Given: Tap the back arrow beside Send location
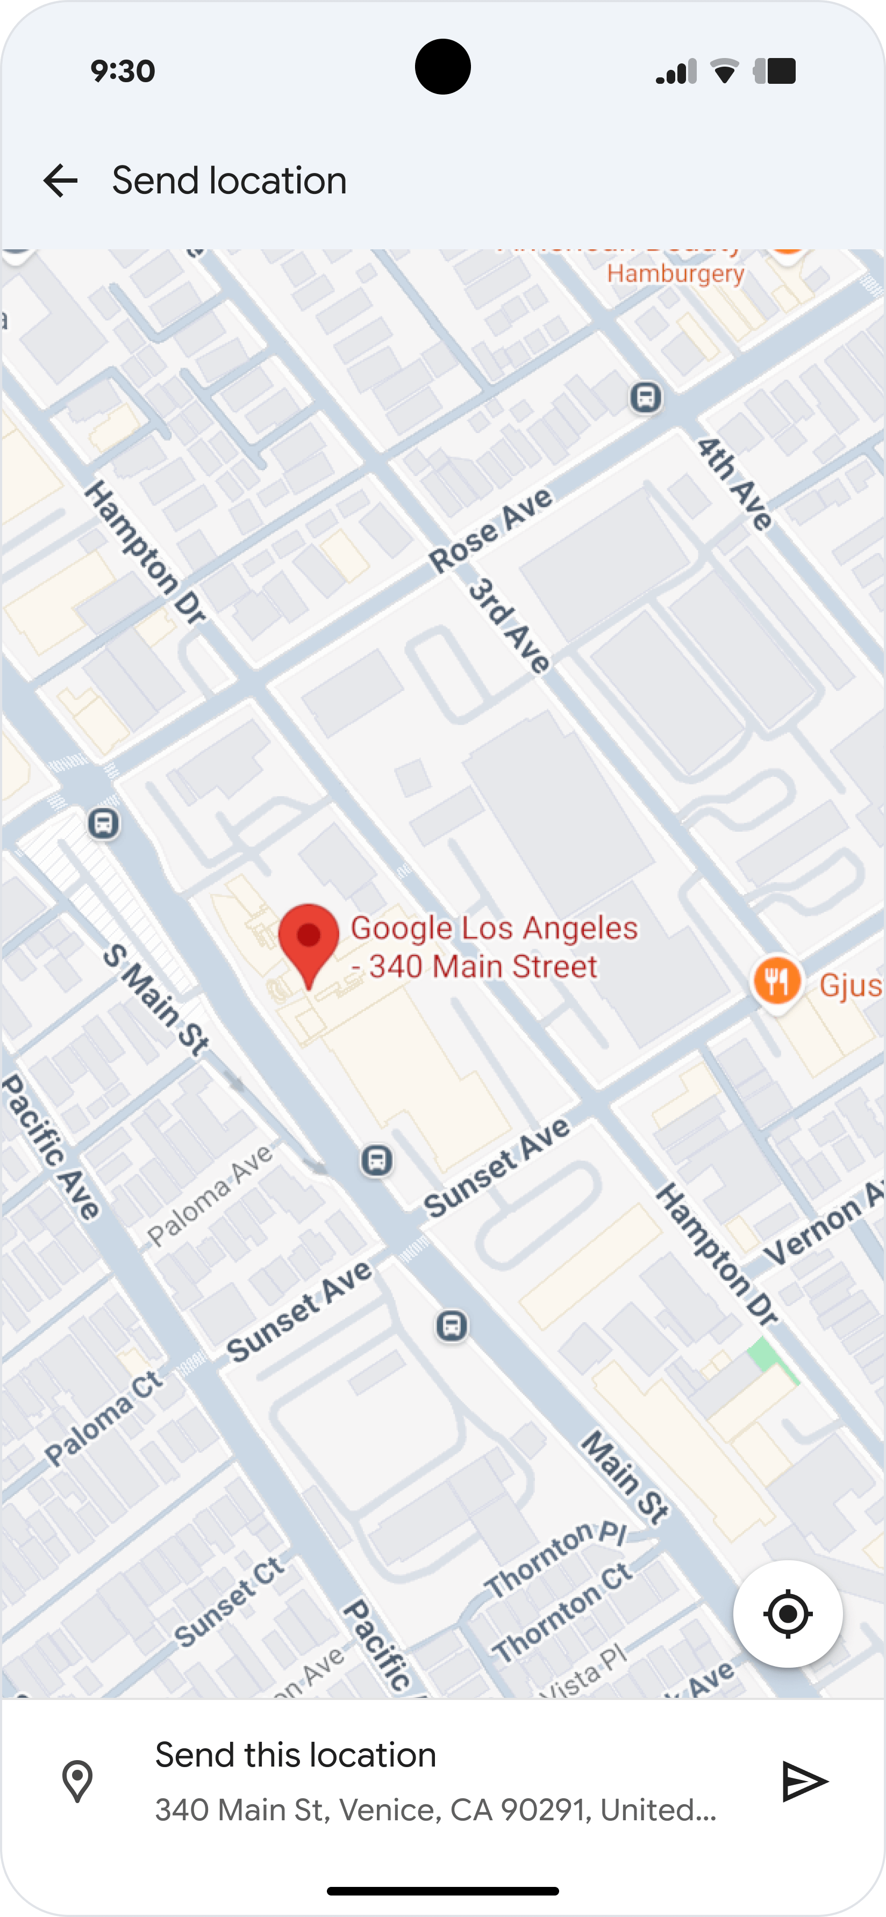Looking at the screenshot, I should [x=60, y=181].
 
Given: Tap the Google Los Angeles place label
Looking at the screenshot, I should [x=494, y=947].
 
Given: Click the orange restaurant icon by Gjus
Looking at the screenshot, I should [x=776, y=982].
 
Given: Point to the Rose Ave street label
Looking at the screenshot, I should [x=491, y=530].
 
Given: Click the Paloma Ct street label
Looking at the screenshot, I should [x=103, y=1418].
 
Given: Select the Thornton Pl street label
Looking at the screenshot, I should [x=555, y=1558].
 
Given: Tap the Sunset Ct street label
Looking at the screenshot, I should [x=228, y=1600].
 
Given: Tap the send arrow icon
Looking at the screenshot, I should [x=805, y=1781].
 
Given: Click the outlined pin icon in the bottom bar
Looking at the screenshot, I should [x=77, y=1781].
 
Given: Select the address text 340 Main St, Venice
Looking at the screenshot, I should [x=435, y=1809].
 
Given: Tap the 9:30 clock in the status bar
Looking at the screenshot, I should [x=123, y=71].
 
